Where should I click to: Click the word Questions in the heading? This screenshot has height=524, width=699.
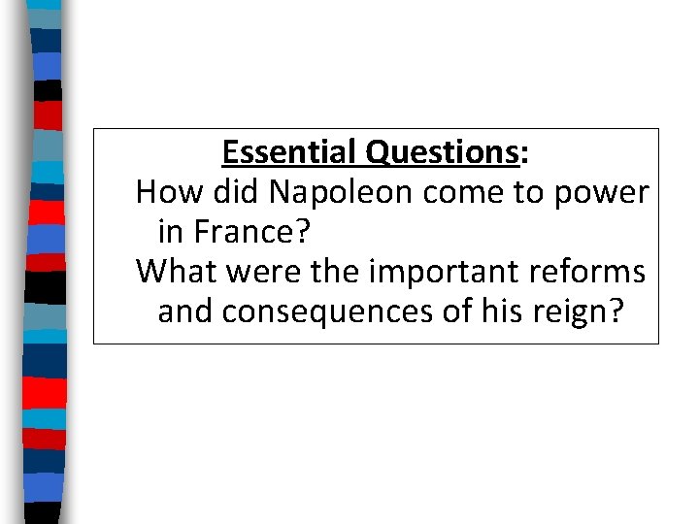click(x=441, y=153)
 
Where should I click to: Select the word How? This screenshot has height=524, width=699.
click(x=161, y=193)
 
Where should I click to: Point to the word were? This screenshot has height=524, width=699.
click(x=255, y=273)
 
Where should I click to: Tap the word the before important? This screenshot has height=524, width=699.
click(x=331, y=273)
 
